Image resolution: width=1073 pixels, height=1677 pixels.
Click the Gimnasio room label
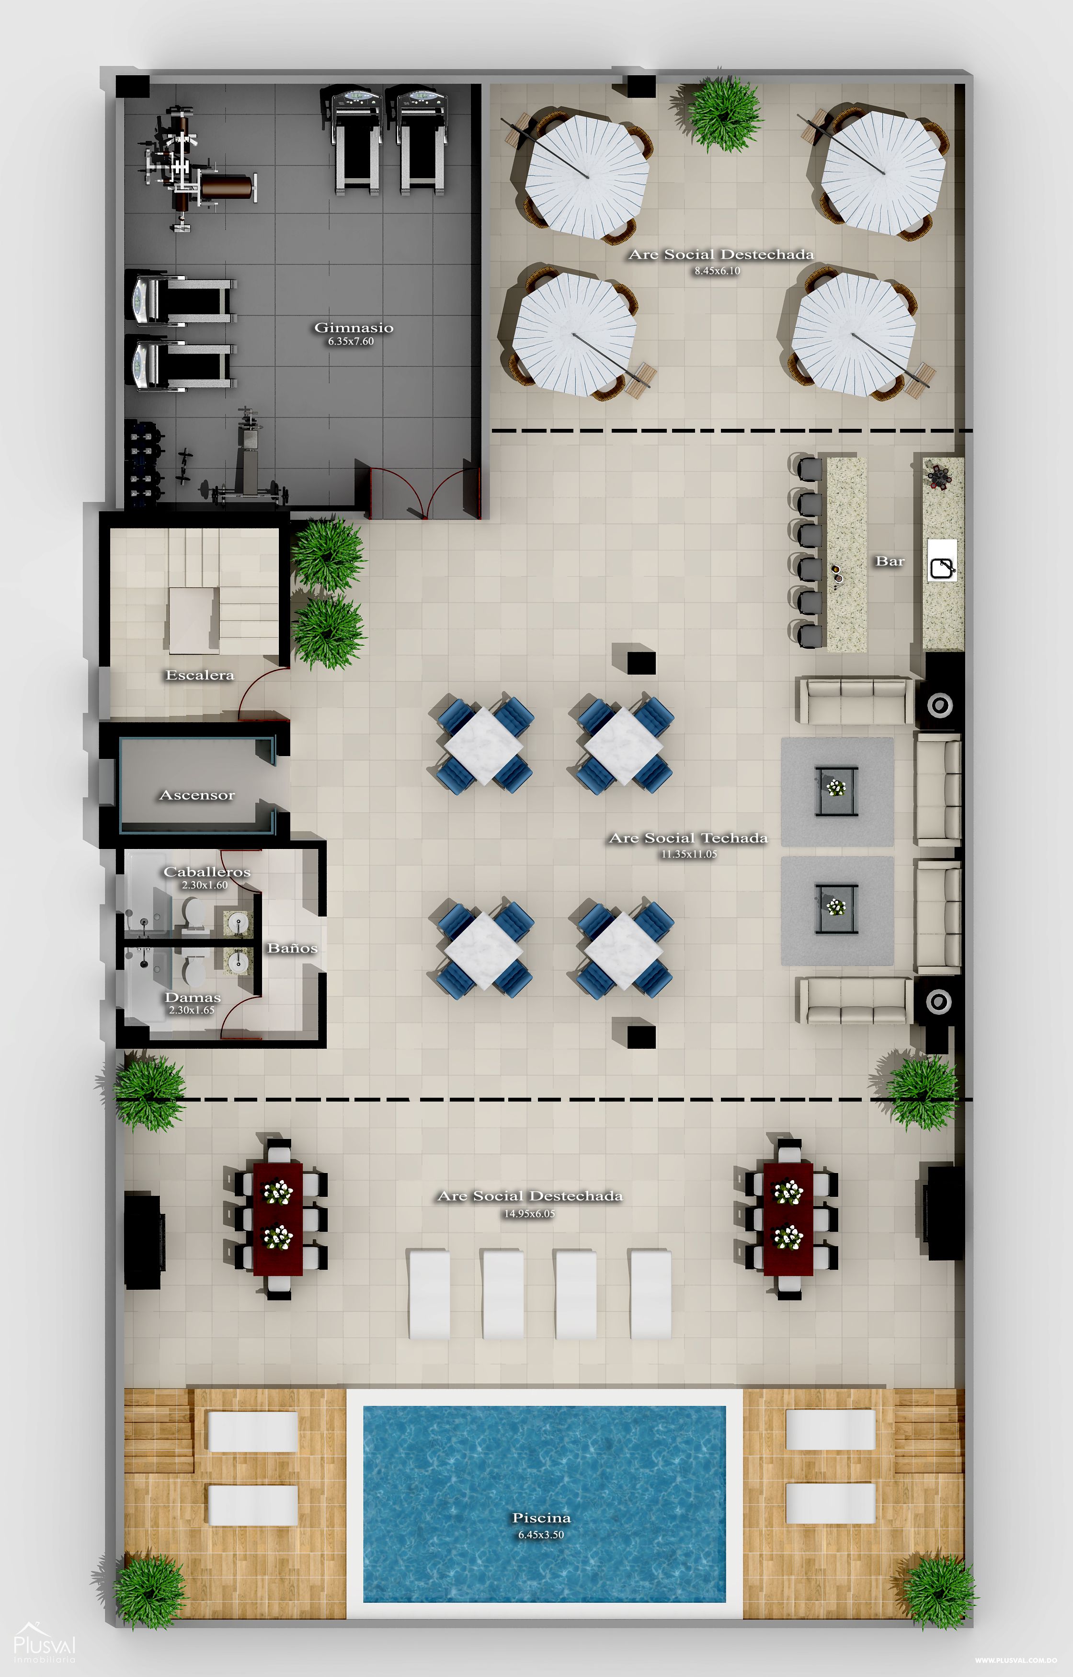[353, 327]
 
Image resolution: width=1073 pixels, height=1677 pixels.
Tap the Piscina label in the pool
[541, 1517]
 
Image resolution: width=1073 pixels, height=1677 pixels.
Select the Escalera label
[199, 675]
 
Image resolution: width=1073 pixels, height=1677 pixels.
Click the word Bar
[890, 561]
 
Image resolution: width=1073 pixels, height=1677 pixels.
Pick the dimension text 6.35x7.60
[351, 342]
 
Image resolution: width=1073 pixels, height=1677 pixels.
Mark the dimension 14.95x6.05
[529, 1214]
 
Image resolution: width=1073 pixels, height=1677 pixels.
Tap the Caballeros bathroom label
[206, 872]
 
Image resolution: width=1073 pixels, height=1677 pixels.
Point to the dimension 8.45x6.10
[717, 271]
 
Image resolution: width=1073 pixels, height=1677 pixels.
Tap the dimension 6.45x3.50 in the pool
[541, 1534]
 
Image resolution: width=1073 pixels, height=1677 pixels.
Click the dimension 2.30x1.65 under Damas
[192, 1010]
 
